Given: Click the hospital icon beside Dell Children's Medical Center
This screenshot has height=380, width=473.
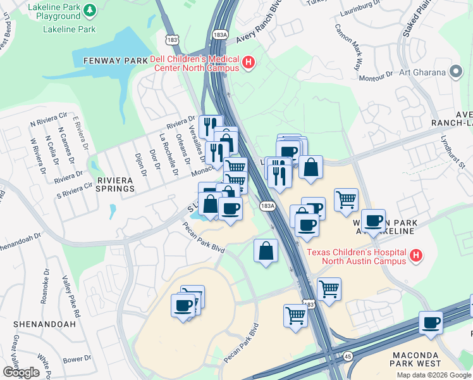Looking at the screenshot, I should [x=249, y=63].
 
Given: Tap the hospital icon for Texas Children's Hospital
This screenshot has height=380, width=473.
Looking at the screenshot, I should [x=415, y=256].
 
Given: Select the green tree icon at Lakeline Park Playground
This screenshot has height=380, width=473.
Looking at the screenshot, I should [x=90, y=10].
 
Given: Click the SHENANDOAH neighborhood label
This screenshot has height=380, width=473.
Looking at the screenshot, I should [x=44, y=324].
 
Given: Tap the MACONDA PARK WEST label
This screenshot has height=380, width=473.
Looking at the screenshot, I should [x=430, y=358].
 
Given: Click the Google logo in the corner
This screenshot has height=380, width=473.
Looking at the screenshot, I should [x=21, y=372].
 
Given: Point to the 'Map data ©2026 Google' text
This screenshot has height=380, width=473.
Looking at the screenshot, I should [x=434, y=375].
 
